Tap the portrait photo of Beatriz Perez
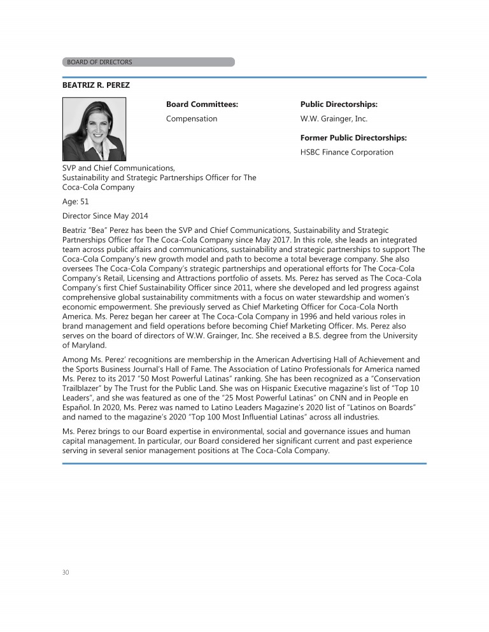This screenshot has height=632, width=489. pyautogui.click(x=94, y=129)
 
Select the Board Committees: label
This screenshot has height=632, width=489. pyautogui.click(x=202, y=104)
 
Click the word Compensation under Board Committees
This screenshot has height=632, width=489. pyautogui.click(x=191, y=118)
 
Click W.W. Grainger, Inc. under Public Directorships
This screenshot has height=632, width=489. pyautogui.click(x=334, y=118)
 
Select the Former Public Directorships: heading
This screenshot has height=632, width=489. pyautogui.click(x=353, y=137)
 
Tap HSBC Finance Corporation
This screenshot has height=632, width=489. pyautogui.click(x=346, y=152)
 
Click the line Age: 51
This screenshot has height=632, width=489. pyautogui.click(x=76, y=202)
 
